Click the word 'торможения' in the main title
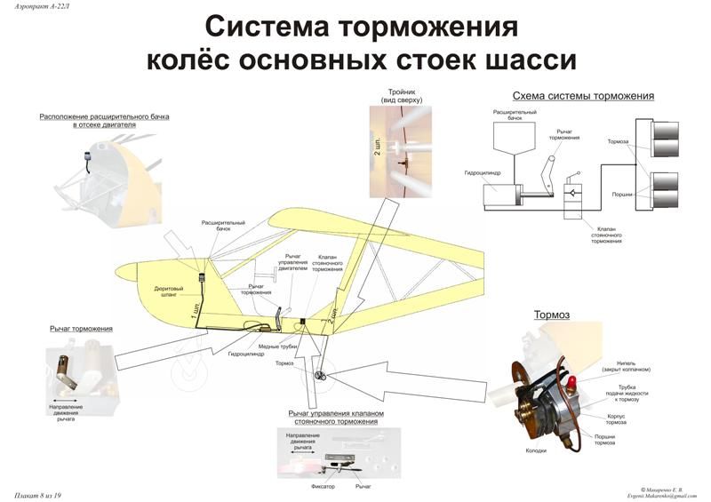[428, 27]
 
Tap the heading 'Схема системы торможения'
[583, 95]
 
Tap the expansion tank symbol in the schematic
[514, 135]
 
